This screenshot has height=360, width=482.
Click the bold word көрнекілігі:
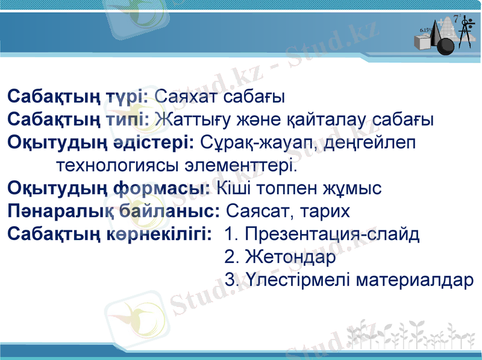click(160, 235)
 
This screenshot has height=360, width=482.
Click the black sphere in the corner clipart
click(446, 46)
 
